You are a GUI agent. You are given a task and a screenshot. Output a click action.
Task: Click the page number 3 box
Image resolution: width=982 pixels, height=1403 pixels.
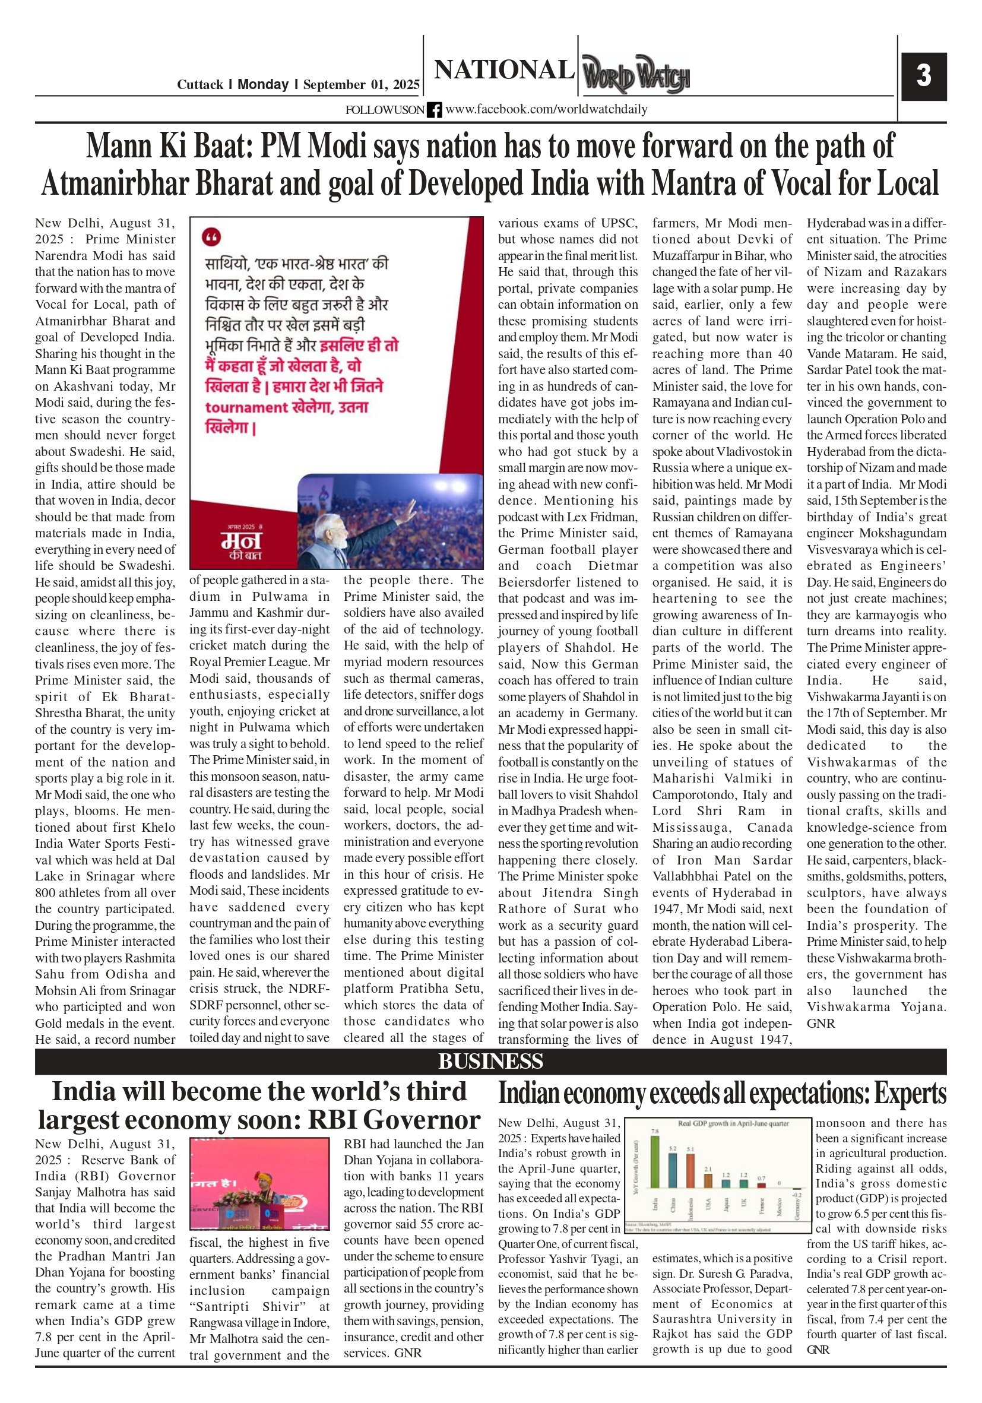(x=923, y=76)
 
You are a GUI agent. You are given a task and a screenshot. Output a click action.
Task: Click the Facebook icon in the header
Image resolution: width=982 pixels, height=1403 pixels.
(x=435, y=110)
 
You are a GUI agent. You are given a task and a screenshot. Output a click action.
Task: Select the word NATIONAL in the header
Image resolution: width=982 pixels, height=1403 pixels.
(x=504, y=69)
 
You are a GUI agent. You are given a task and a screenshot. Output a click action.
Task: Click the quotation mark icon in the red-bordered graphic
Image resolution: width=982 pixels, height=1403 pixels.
(x=211, y=236)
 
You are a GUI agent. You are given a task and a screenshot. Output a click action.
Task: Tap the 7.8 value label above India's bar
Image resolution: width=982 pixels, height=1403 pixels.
(x=654, y=1131)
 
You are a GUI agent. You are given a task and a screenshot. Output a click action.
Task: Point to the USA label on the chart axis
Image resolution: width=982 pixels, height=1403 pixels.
(x=708, y=1204)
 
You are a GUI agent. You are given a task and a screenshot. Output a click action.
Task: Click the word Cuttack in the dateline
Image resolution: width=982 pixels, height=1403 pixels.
(x=200, y=85)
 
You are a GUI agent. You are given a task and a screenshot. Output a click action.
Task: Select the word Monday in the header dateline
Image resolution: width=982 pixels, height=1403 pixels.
(x=263, y=84)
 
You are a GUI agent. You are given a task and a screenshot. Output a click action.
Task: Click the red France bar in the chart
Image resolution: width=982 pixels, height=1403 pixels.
(x=761, y=1186)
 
